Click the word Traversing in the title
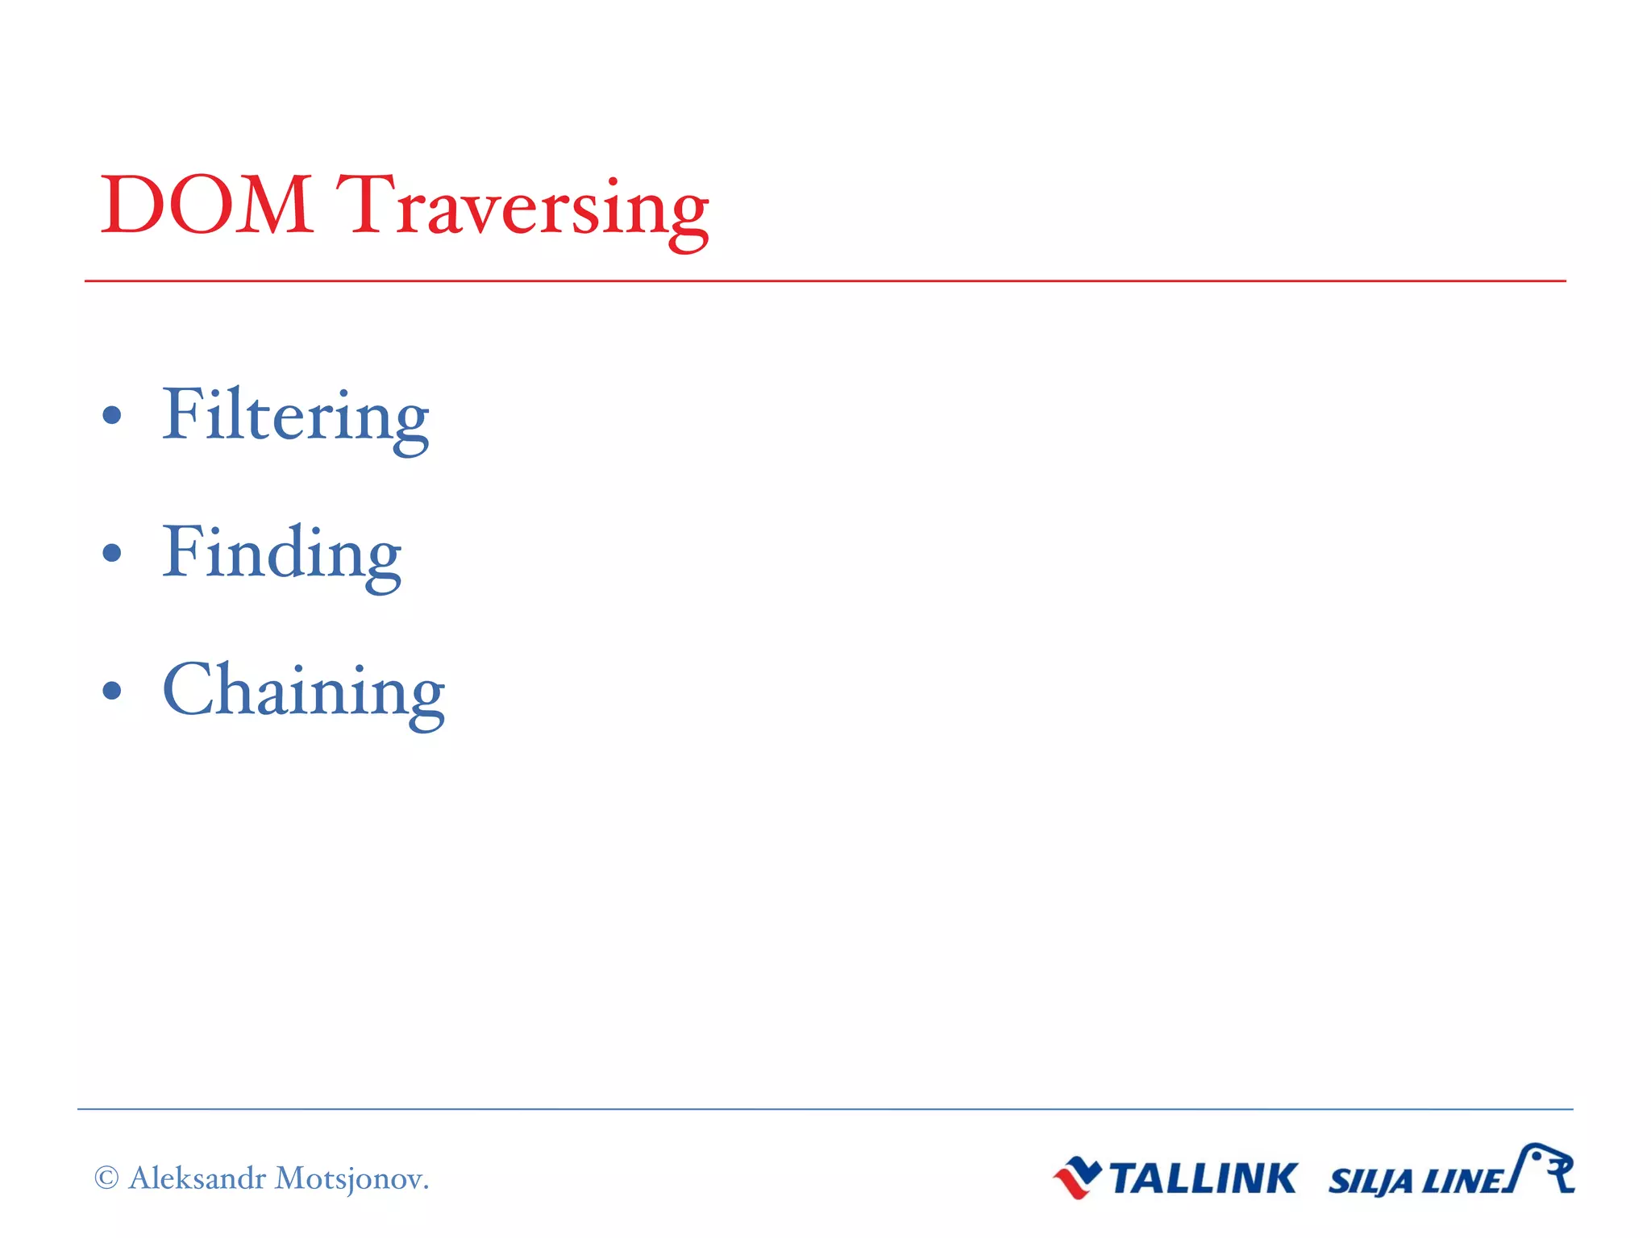coord(522,208)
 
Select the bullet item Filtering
coord(295,416)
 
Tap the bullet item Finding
coord(281,553)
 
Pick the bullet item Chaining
coord(303,691)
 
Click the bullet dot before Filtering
coord(112,416)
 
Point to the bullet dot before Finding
coord(112,553)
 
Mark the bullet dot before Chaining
coord(112,691)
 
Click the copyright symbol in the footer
coord(106,1178)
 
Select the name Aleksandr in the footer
coord(197,1178)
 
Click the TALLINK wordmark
coord(1204,1178)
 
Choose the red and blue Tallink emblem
coord(1077,1178)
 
